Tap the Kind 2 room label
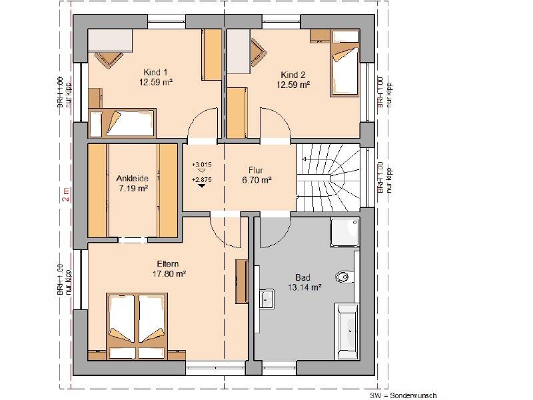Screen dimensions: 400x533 (x=294, y=75)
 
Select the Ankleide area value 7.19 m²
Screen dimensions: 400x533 (x=133, y=189)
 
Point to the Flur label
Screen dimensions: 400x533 (x=257, y=169)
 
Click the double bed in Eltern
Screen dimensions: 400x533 (x=137, y=319)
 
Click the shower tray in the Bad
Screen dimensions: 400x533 (x=345, y=234)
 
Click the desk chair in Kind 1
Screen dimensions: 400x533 (x=107, y=59)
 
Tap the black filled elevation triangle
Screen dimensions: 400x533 (x=201, y=187)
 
